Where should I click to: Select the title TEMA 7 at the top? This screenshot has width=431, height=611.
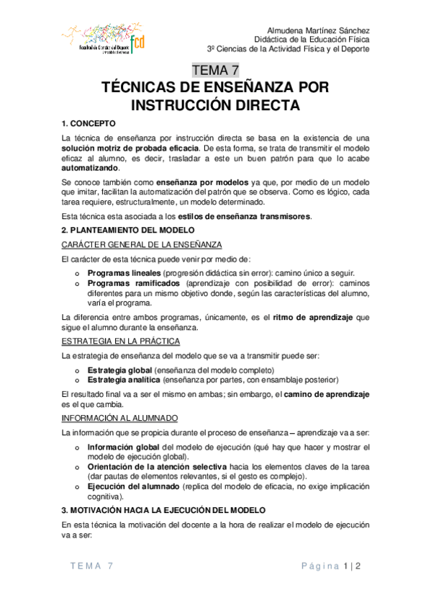click(x=215, y=71)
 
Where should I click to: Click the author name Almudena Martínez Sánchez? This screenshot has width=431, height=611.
click(x=318, y=30)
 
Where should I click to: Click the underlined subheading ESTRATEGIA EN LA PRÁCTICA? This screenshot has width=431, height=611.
click(x=121, y=341)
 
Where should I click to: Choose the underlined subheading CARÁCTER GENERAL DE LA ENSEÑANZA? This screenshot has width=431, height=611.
click(x=142, y=245)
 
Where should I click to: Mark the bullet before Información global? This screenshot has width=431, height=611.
click(x=78, y=447)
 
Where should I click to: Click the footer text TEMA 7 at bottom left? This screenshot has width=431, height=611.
click(x=91, y=566)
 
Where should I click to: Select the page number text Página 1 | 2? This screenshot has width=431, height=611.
click(x=332, y=566)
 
